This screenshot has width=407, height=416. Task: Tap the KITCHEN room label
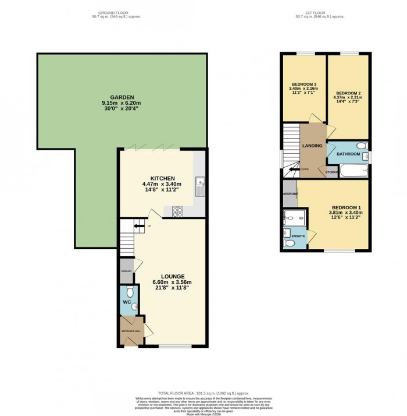(x=159, y=178)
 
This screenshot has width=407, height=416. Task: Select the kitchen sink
(x=199, y=185)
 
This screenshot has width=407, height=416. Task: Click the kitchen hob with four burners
(x=177, y=211)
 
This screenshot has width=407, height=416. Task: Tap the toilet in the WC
(x=130, y=291)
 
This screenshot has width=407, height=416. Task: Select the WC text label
(x=126, y=302)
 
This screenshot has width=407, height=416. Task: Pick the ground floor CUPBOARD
(x=126, y=272)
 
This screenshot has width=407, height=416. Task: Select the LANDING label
(x=312, y=145)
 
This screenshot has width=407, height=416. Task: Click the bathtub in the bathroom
(x=353, y=171)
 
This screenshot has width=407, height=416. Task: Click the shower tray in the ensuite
(x=290, y=218)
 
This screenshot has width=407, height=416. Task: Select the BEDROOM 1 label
(x=347, y=208)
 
